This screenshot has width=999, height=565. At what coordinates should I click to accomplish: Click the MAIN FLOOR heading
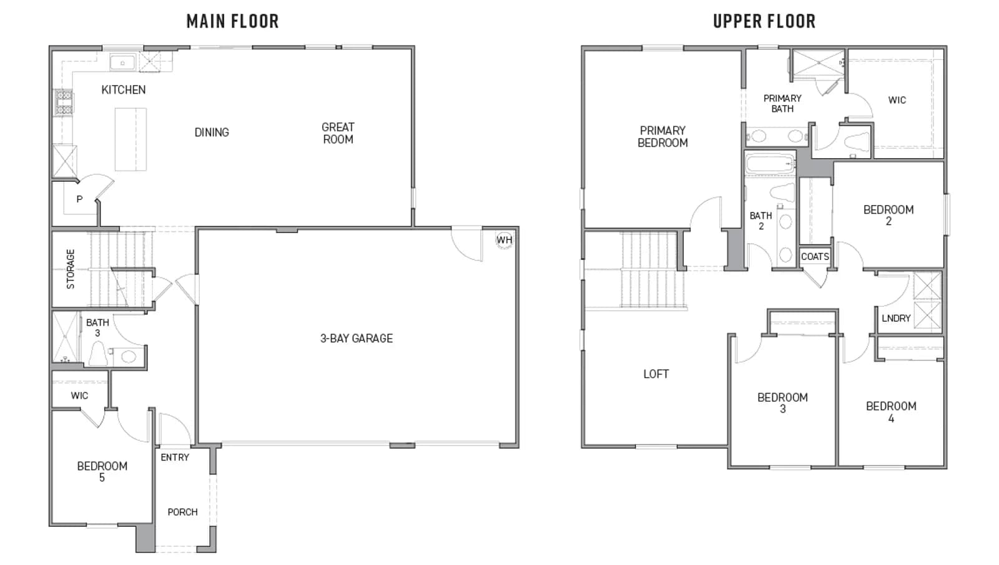232,21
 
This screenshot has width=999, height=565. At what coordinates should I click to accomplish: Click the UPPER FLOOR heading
764,21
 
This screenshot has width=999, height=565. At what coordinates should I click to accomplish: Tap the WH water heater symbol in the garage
504,239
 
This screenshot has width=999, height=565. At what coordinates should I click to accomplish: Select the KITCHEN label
124,90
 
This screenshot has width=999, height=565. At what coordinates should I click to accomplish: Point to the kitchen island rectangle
130,139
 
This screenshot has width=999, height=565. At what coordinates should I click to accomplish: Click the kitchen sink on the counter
122,63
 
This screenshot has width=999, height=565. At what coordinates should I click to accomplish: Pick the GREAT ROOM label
338,133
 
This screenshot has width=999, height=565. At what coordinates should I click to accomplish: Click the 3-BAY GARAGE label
357,338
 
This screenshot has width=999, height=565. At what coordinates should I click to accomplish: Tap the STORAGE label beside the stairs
71,269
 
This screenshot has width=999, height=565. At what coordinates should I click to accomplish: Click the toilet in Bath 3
98,354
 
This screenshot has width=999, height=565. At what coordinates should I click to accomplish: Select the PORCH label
182,512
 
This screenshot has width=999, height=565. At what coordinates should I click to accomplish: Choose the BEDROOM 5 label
102,472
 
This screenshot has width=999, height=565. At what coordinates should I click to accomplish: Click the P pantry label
79,199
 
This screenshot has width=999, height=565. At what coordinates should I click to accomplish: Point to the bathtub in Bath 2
770,164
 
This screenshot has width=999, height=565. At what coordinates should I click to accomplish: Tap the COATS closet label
815,257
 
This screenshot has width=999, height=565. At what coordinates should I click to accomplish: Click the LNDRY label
896,318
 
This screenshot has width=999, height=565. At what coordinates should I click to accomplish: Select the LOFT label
656,374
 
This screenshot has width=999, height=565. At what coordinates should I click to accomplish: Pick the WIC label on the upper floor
897,100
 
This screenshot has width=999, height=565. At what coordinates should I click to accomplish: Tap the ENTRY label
175,457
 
